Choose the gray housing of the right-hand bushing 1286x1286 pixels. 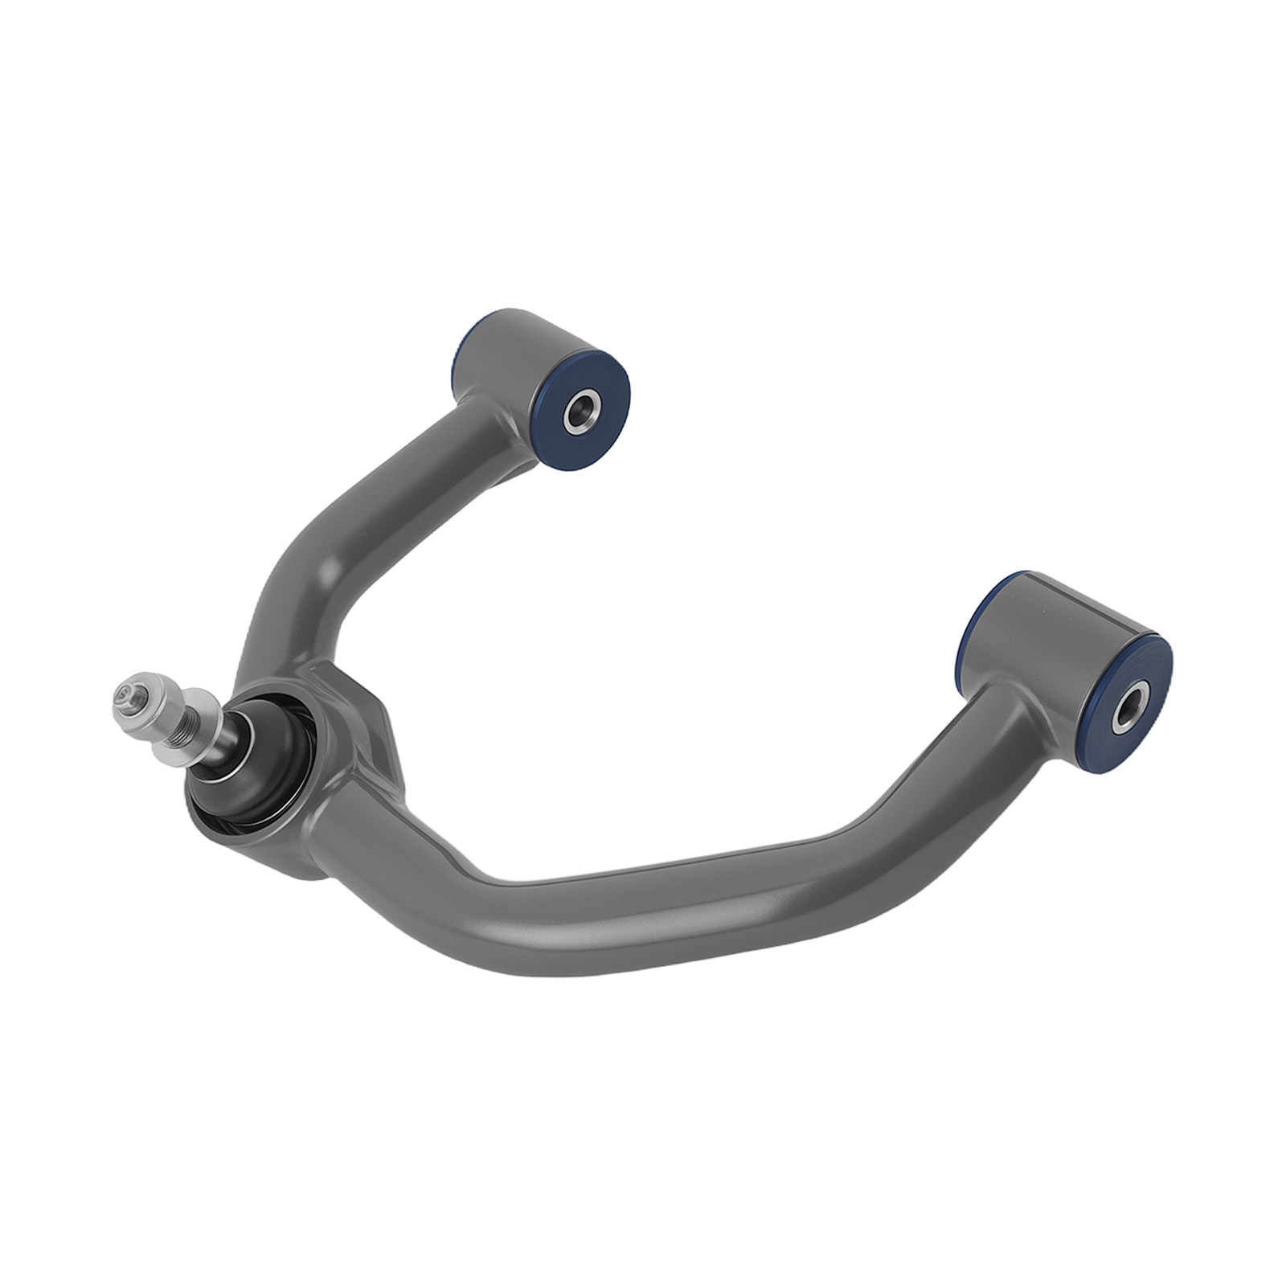click(1045, 635)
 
